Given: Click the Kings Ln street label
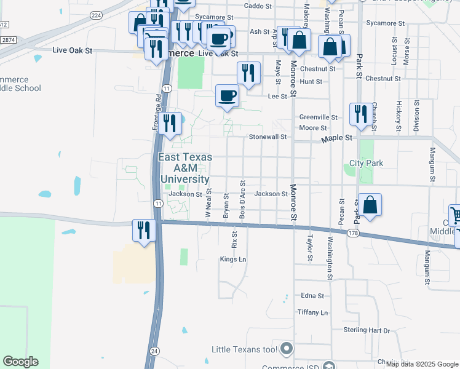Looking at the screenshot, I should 233,260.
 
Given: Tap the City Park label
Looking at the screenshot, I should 366,163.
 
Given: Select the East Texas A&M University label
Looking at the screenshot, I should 185,168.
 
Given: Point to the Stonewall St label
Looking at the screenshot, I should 268,137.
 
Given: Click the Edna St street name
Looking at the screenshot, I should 312,296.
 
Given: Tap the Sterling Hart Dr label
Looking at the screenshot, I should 367,330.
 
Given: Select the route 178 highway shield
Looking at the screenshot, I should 352,234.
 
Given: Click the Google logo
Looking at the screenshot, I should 20,362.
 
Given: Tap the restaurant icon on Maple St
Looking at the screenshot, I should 359,114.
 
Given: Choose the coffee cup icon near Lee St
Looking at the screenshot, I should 228,97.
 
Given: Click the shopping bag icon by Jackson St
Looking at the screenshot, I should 370,205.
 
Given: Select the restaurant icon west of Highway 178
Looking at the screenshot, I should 143,231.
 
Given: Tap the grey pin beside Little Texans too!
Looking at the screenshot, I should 286,349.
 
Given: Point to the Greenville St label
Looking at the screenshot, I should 319,117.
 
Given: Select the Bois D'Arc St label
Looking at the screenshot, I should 243,197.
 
